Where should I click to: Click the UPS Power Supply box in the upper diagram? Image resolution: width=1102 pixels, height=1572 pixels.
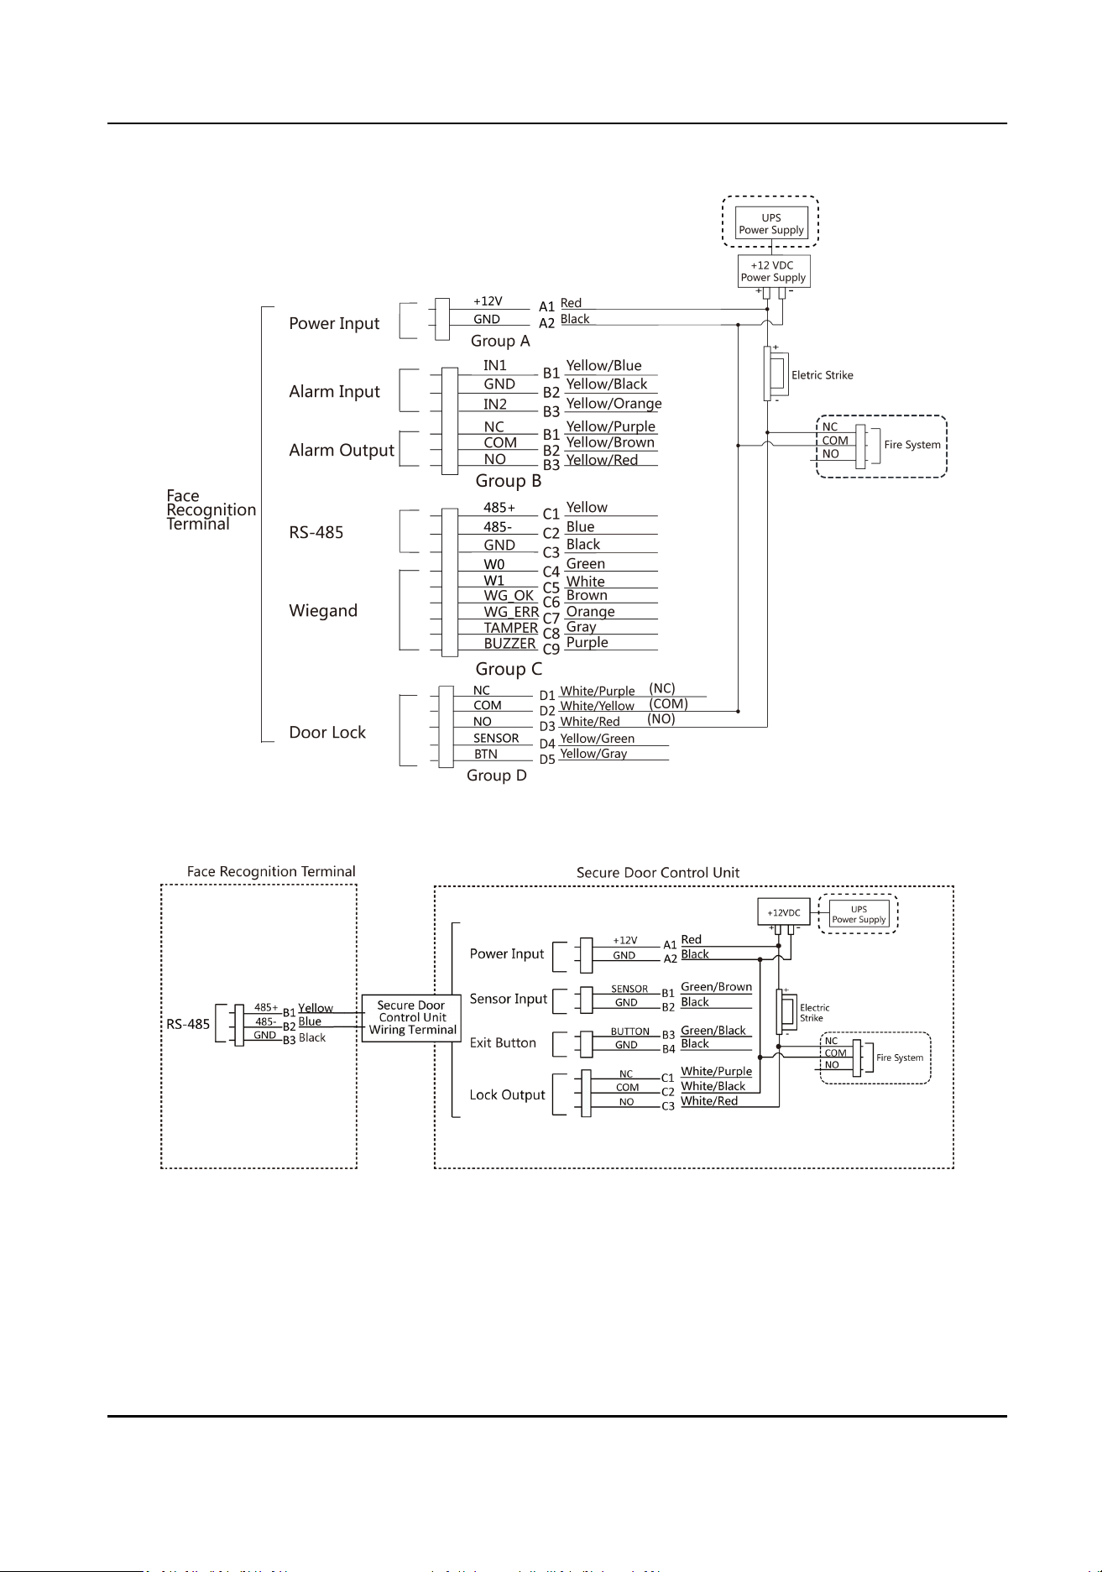771,223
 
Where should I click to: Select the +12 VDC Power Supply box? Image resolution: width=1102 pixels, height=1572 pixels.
773,271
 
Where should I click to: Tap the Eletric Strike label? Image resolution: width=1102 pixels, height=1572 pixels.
823,375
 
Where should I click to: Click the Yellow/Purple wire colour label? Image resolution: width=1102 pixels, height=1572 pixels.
610,426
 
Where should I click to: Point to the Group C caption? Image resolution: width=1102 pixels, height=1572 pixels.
509,669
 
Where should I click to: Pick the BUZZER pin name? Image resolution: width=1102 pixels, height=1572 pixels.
509,644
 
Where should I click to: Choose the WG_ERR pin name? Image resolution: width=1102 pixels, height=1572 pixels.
511,612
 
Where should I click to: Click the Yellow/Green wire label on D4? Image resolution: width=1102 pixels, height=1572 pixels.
597,739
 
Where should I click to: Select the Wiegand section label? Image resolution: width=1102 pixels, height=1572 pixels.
323,611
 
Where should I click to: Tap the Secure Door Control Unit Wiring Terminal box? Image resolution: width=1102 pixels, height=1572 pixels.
411,1018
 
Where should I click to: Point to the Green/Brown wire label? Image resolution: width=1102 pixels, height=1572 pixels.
716,987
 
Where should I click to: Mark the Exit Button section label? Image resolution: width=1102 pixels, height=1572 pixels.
503,1042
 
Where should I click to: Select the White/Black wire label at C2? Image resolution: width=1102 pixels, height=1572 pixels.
713,1086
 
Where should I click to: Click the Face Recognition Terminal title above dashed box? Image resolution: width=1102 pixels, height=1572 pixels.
271,871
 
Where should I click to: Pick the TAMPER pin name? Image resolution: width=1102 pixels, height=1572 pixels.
510,628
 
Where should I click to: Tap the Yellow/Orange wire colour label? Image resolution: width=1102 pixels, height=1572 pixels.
614,404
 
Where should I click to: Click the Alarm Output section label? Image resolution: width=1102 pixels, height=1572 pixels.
342,451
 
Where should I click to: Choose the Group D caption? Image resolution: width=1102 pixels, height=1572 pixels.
497,776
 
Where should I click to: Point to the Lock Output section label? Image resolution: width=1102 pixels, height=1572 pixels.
507,1095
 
